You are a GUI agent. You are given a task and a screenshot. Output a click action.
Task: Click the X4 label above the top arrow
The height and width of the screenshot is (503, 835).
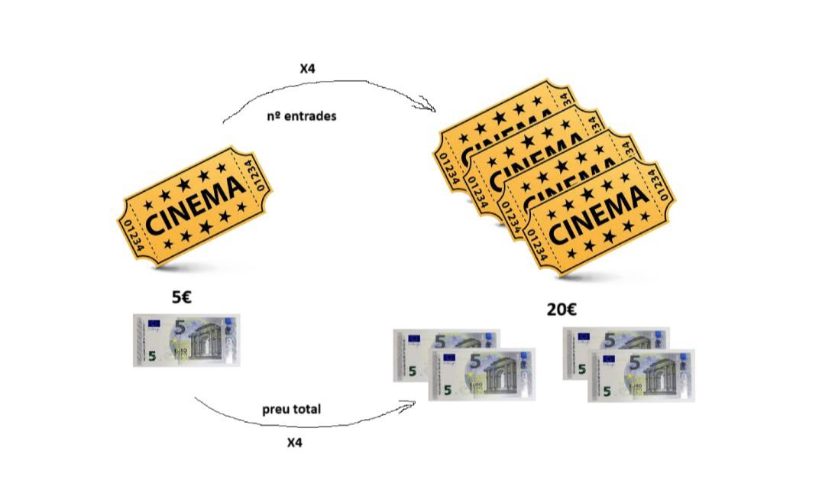pos(307,69)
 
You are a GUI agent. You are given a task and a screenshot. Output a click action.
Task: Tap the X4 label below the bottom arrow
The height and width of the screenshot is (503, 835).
pos(294,443)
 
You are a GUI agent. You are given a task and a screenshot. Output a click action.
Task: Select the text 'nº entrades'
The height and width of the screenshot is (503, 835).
pos(302,116)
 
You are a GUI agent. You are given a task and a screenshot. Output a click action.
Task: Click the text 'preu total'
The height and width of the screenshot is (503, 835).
pos(291,409)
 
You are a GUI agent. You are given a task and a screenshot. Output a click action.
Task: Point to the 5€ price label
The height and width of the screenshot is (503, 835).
pos(182,297)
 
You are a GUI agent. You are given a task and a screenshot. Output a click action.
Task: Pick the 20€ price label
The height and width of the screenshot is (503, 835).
pos(562,310)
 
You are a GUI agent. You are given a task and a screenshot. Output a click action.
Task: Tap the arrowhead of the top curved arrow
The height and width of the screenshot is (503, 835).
pos(429,105)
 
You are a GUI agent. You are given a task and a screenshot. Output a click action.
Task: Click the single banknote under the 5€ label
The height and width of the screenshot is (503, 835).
pos(186,340)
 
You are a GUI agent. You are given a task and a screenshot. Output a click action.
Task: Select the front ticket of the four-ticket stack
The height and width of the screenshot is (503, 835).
pos(599,217)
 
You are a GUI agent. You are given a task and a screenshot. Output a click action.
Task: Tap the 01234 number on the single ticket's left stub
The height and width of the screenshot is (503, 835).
pos(133,236)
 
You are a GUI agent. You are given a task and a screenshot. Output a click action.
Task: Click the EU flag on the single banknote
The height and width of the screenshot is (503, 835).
pos(156,323)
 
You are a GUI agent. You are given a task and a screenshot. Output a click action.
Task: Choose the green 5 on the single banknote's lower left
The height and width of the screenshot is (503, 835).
pos(153,355)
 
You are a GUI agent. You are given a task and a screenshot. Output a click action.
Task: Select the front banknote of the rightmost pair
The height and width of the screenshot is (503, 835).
pos(641,375)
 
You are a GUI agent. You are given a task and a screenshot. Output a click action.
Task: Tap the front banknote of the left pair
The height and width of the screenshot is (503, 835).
pos(482,375)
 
